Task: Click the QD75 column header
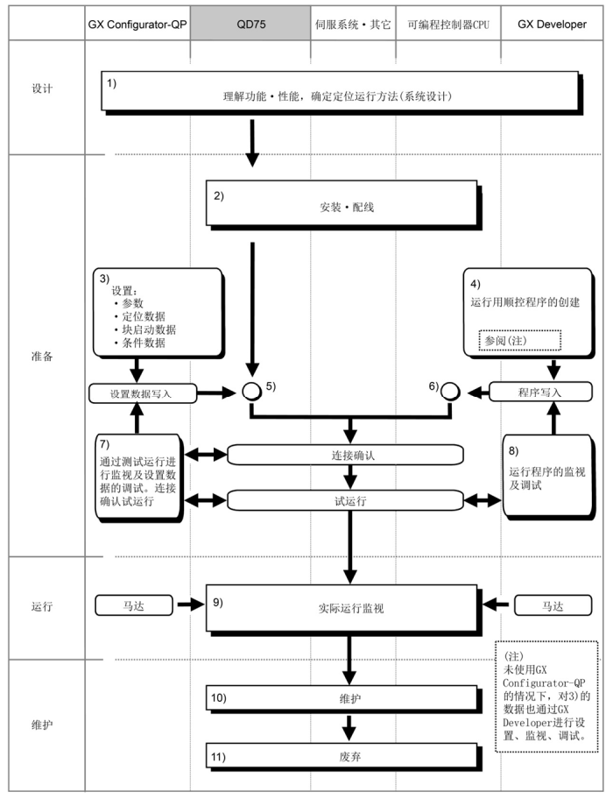251,25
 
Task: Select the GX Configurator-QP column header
137,25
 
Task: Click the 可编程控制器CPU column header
447,25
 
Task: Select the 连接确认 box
344,455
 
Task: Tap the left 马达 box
130,605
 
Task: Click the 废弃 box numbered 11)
344,755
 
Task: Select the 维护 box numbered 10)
344,701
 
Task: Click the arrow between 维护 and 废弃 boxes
351,726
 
